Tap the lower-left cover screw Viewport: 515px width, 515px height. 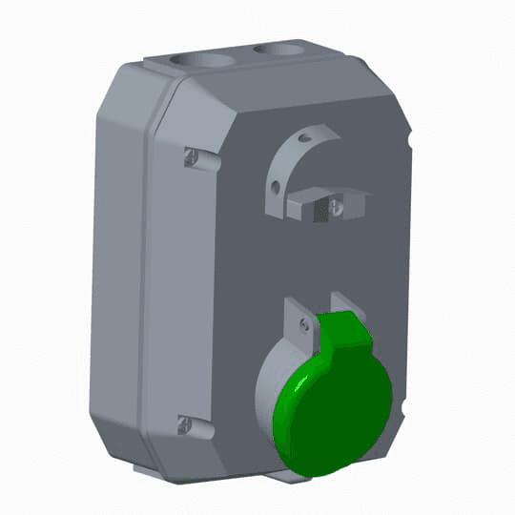point(184,423)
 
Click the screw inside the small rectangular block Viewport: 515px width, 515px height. point(334,204)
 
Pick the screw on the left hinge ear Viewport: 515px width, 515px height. point(304,325)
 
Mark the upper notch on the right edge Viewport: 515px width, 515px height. point(409,143)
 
